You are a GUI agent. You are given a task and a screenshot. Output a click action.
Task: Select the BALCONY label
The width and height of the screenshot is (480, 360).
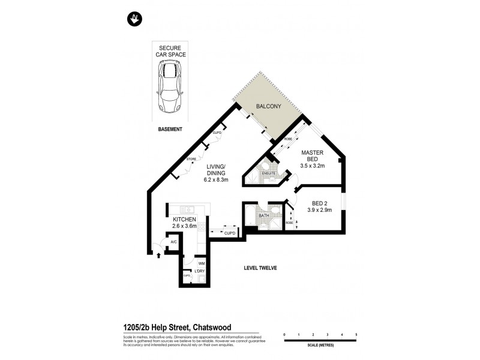[269, 106]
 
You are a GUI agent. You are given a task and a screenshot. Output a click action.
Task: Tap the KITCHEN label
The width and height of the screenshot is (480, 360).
[185, 220]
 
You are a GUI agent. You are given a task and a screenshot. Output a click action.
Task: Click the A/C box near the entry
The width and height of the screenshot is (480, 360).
[173, 242]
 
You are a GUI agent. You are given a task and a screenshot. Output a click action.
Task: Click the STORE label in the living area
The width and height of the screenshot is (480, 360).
[191, 159]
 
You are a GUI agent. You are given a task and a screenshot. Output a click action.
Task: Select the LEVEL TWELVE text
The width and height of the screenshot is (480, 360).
[260, 268]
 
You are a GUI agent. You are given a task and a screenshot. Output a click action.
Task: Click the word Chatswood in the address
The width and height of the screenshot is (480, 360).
[211, 327]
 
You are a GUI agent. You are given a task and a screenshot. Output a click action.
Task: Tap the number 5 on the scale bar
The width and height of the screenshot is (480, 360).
[356, 333]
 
